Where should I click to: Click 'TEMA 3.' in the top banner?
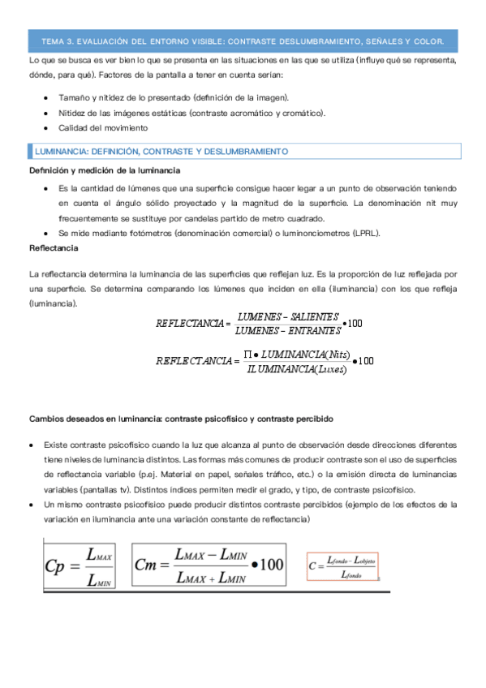[57, 40]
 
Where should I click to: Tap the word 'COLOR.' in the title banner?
[427, 40]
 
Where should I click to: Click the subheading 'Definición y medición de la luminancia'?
[105, 170]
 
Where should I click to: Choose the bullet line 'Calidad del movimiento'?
[103, 127]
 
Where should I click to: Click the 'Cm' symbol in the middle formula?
[152, 564]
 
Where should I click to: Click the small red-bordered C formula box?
[342, 566]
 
